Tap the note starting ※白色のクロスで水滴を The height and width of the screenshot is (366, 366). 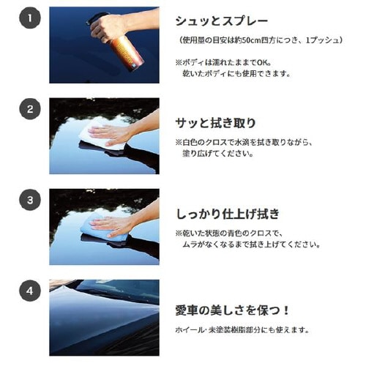(x=252, y=143)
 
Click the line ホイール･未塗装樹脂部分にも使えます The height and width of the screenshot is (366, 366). (x=242, y=330)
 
